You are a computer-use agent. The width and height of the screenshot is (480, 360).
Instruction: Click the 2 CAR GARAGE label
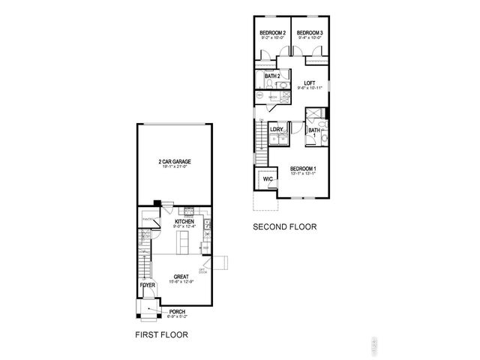pyautogui.click(x=173, y=161)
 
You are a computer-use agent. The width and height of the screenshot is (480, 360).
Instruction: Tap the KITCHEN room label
pyautogui.click(x=184, y=222)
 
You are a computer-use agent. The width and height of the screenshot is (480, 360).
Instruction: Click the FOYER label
pyautogui.click(x=148, y=286)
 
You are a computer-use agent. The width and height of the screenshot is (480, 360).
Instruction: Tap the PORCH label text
pyautogui.click(x=177, y=311)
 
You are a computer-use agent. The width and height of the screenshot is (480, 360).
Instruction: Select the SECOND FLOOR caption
pyautogui.click(x=284, y=226)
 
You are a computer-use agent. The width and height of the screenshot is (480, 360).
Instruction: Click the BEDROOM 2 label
pyautogui.click(x=271, y=33)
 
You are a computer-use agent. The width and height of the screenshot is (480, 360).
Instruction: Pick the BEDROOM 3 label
pyautogui.click(x=309, y=33)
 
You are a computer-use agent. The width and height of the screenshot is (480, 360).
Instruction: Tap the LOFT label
pyautogui.click(x=308, y=83)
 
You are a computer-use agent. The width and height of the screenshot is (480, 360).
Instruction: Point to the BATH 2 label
pyautogui.click(x=272, y=76)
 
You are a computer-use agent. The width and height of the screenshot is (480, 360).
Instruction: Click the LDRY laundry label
pyautogui.click(x=277, y=130)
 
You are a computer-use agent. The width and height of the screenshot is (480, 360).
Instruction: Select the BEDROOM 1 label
pyautogui.click(x=303, y=168)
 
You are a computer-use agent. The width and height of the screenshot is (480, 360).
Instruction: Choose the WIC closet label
pyautogui.click(x=267, y=178)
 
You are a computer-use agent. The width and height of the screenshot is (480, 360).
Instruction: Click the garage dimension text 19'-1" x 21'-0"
pyautogui.click(x=173, y=167)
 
